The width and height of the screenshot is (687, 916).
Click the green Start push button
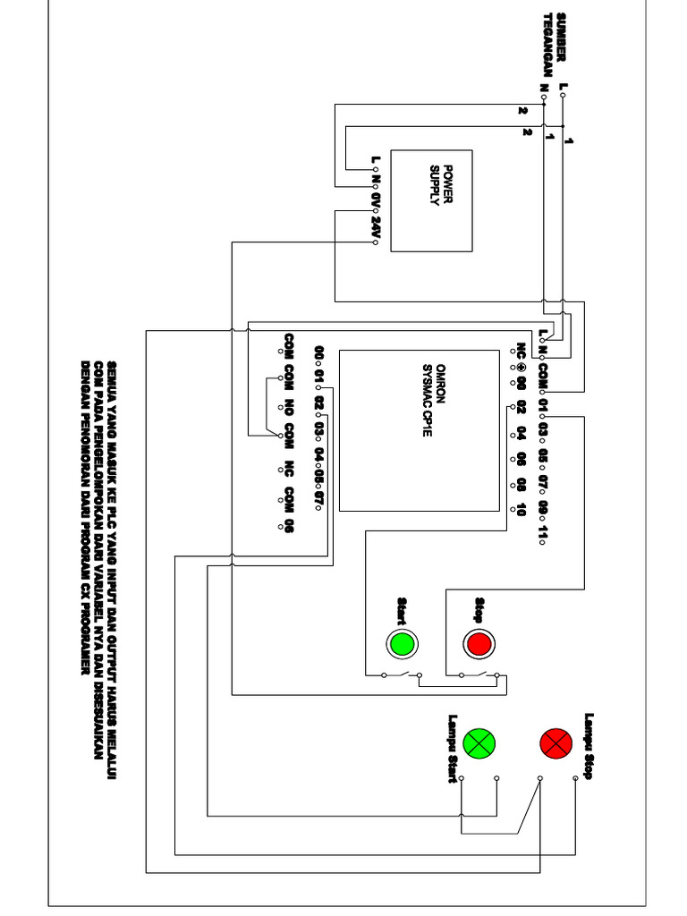click(x=401, y=643)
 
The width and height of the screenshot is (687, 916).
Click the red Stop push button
click(x=478, y=643)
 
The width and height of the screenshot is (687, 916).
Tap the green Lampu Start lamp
click(x=479, y=742)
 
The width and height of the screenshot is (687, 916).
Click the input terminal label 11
click(x=543, y=530)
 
